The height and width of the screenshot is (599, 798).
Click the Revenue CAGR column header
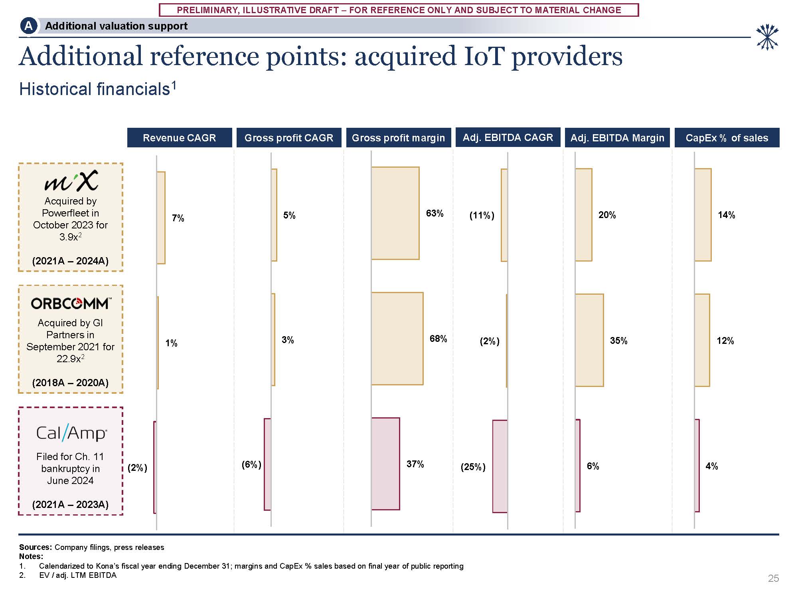tap(179, 138)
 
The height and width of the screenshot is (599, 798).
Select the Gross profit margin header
tap(398, 138)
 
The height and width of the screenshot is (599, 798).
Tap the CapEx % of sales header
tap(727, 138)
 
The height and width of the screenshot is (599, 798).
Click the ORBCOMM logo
tap(71, 303)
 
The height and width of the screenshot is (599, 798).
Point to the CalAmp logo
tap(71, 433)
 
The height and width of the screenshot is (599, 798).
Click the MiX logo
tap(71, 180)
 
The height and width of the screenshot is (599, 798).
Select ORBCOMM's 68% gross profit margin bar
tap(397, 339)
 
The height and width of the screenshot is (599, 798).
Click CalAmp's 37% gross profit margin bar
tap(385, 464)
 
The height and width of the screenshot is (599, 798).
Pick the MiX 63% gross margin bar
tap(395, 213)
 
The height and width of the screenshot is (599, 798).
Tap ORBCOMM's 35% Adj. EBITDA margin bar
tap(589, 340)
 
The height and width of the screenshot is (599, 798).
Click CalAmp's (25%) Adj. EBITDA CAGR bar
tap(500, 466)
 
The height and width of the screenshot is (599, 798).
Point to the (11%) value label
tap(482, 216)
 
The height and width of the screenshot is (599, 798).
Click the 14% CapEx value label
tap(726, 215)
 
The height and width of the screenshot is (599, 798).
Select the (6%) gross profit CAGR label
tap(251, 464)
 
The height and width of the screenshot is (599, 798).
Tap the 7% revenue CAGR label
tap(178, 218)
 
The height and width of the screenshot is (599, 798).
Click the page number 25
tap(773, 578)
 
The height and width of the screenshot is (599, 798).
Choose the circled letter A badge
tap(28, 26)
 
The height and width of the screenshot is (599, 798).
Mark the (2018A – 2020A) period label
tap(70, 383)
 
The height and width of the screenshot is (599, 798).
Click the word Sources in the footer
tap(35, 547)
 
